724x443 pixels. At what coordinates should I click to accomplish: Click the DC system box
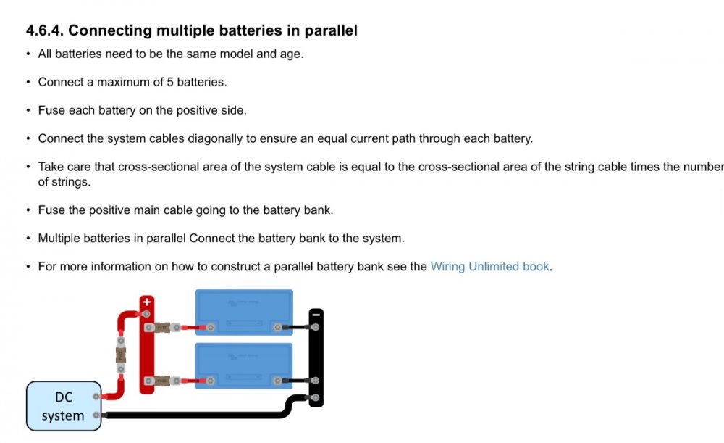click(64, 406)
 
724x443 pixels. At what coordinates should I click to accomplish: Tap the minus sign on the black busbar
click(316, 316)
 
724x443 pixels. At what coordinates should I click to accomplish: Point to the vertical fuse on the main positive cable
click(121, 355)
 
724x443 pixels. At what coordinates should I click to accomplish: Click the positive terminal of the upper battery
click(211, 327)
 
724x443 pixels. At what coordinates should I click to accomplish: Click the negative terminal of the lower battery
click(277, 380)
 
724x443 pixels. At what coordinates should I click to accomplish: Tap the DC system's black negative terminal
click(106, 415)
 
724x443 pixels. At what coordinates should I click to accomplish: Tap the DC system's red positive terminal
click(106, 397)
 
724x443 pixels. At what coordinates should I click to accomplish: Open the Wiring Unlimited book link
click(490, 266)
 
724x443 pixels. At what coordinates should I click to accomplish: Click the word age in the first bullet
click(290, 54)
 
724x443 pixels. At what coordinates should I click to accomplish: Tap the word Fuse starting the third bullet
click(51, 110)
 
